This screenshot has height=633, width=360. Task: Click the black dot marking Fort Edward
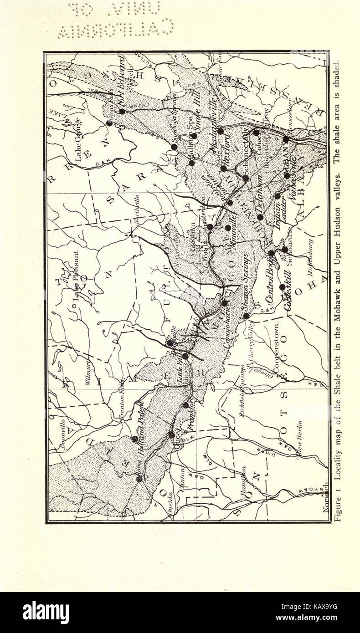[122, 111]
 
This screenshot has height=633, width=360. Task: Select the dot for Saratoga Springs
[174, 147]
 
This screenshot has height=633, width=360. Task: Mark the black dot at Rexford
[223, 168]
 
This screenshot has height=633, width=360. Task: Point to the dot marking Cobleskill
[283, 287]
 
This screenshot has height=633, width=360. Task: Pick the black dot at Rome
[139, 479]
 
